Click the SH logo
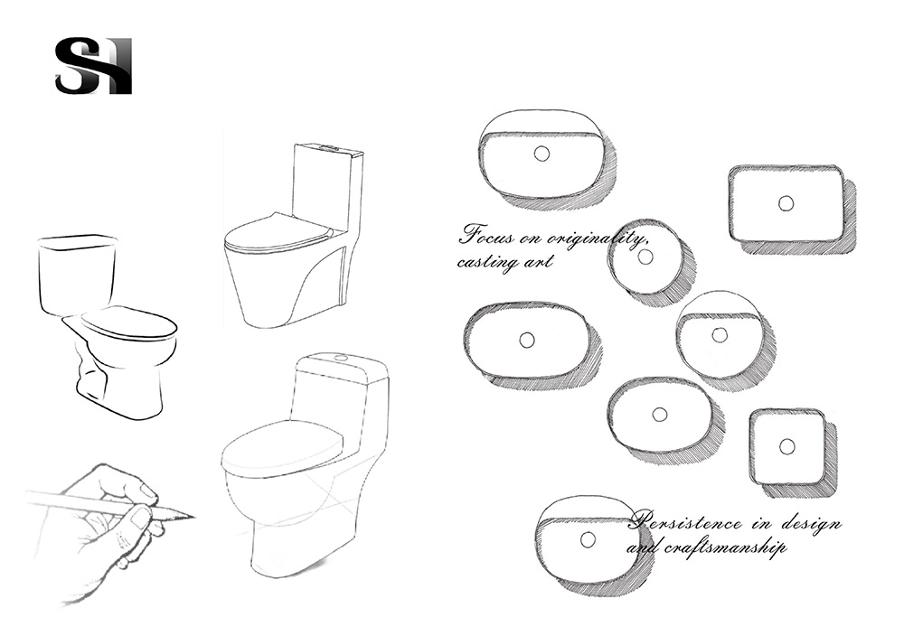click(93, 66)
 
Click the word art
click(538, 261)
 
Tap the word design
click(810, 525)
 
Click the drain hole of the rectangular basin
click(786, 203)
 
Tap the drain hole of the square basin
click(787, 446)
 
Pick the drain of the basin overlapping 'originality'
click(645, 257)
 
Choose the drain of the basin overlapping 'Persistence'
click(588, 540)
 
